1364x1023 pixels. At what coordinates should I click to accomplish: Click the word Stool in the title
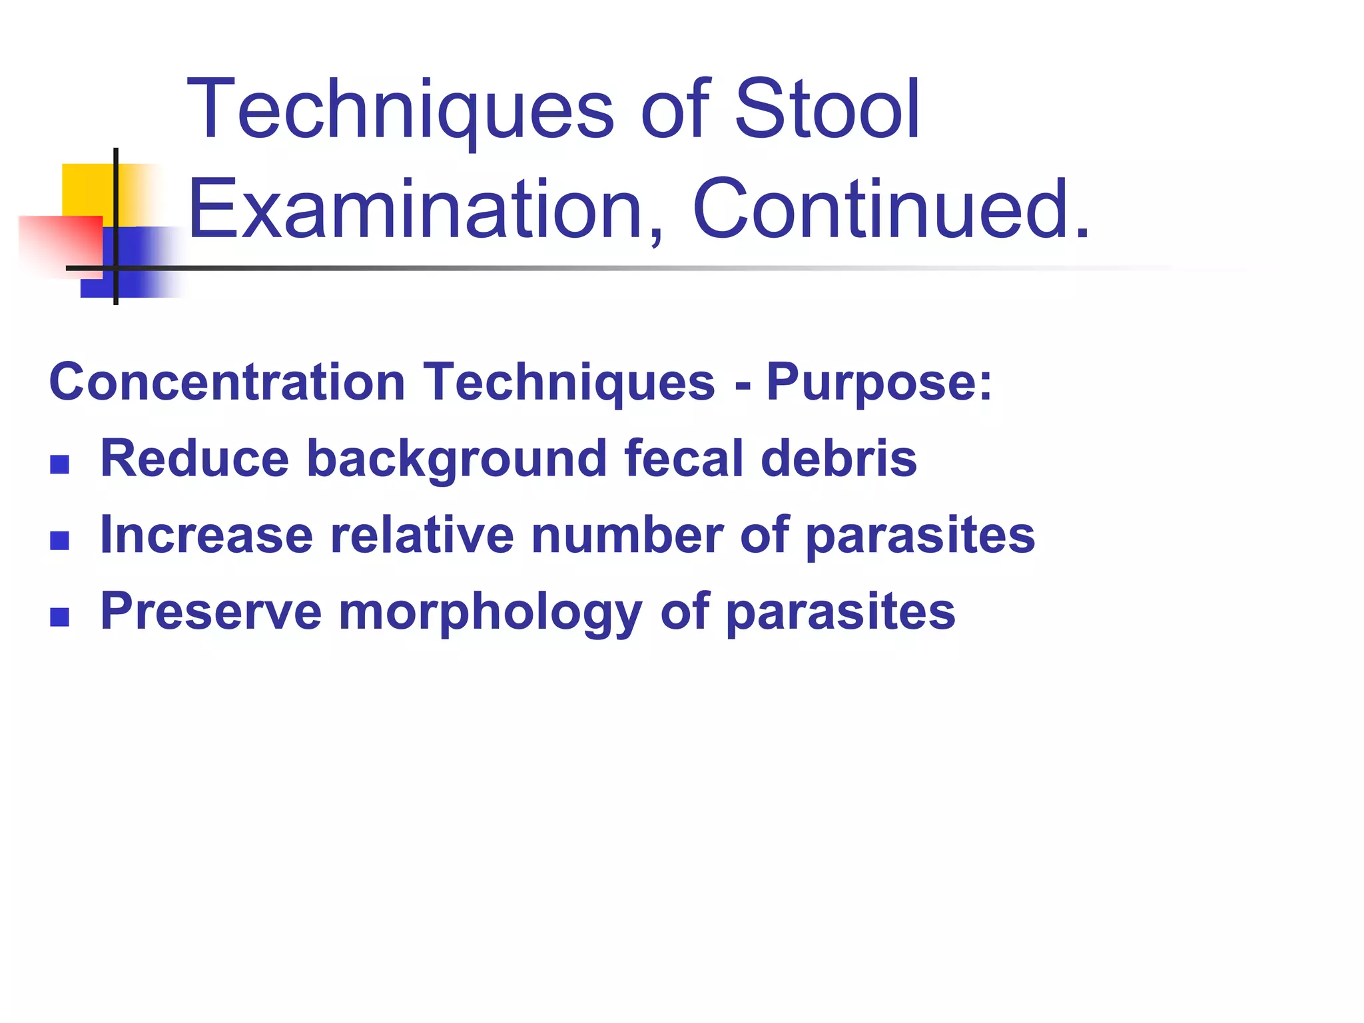pyautogui.click(x=827, y=109)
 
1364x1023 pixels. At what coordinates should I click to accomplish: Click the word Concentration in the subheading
pyautogui.click(x=227, y=382)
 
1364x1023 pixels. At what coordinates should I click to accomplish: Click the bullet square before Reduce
pyautogui.click(x=60, y=464)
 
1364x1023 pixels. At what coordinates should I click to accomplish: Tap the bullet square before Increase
pyautogui.click(x=60, y=540)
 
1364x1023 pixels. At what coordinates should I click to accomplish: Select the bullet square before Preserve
pyautogui.click(x=60, y=617)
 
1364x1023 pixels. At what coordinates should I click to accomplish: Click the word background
pyautogui.click(x=456, y=460)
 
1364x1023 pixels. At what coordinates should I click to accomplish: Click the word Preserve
pyautogui.click(x=211, y=611)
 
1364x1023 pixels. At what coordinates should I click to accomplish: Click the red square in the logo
pyautogui.click(x=60, y=243)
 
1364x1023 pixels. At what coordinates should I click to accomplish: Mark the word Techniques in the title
pyautogui.click(x=400, y=109)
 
